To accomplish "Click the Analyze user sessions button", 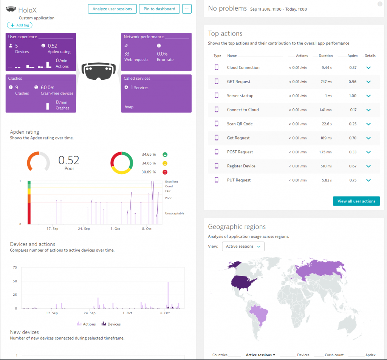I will [112, 9].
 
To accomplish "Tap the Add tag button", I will [20, 25].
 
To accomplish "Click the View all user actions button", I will [356, 201].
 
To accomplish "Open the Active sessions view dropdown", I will [243, 246].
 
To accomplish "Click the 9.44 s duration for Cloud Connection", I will [327, 68].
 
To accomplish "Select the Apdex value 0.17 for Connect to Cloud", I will [353, 110].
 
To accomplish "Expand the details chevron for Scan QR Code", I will [368, 124].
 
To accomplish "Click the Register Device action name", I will [241, 166].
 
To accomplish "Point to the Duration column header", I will [325, 56].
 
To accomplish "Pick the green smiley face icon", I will [165, 155].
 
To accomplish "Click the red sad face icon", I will [165, 172].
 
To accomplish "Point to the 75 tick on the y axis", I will [15, 267].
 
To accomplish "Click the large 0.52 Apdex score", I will [69, 160].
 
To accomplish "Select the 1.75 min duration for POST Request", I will [325, 152].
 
